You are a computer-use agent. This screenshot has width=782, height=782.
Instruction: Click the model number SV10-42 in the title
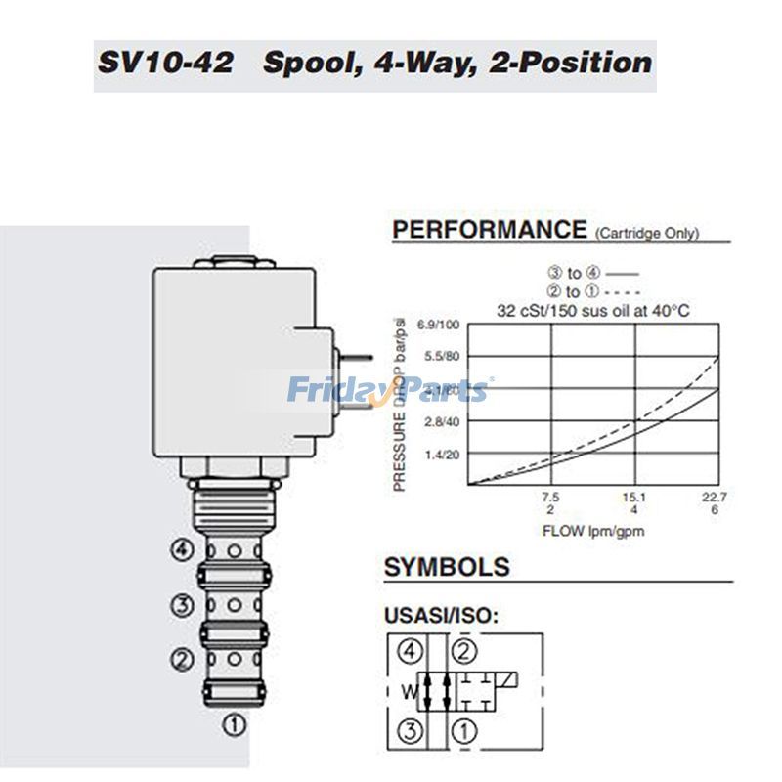click(165, 64)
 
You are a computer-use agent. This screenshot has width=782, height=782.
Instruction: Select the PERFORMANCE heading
click(489, 230)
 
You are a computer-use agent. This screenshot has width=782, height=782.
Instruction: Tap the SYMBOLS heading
click(447, 567)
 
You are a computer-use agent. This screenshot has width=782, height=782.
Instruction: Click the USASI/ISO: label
click(438, 616)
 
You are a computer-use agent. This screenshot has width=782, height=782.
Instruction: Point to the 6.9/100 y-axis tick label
click(438, 325)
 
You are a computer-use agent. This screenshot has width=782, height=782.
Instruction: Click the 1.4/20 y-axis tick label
click(441, 455)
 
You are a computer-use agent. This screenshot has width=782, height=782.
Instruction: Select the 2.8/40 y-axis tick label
click(441, 421)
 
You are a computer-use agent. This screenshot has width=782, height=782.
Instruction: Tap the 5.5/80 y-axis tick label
click(441, 357)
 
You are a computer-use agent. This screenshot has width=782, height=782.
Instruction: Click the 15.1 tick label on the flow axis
click(634, 498)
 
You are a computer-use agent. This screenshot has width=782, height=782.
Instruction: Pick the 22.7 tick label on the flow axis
click(716, 498)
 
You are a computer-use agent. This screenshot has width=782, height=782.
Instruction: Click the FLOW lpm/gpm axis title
click(593, 532)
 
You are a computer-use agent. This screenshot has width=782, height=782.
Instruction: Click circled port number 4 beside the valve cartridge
click(181, 550)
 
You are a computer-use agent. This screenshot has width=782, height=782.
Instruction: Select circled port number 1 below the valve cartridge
click(236, 724)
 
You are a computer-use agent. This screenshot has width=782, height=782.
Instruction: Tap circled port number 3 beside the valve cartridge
click(181, 606)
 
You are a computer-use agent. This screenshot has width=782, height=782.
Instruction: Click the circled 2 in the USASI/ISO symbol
click(464, 650)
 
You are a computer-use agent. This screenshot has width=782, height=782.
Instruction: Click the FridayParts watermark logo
click(389, 391)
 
